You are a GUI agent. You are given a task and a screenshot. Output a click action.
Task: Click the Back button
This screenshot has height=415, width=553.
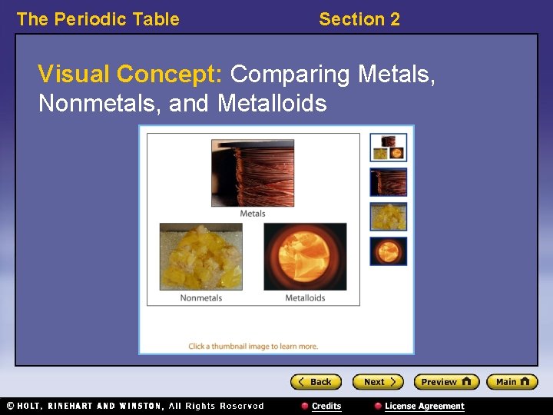[x=316, y=382]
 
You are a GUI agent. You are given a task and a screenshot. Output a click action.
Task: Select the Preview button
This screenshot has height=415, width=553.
[x=446, y=382]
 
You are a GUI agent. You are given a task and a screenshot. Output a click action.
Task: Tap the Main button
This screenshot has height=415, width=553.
[x=512, y=382]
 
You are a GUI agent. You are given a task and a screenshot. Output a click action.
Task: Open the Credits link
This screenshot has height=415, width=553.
[x=322, y=406]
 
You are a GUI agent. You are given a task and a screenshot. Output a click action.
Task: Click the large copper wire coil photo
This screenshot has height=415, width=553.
[x=253, y=173]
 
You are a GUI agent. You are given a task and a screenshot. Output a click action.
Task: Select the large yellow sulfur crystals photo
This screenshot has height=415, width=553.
[x=200, y=257]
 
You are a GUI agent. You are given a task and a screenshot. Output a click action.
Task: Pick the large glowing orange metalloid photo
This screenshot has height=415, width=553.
[x=305, y=257]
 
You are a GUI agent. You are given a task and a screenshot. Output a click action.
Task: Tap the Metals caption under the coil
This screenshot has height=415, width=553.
[x=253, y=214]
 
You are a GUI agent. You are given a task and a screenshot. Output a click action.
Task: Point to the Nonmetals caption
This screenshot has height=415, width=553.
[x=201, y=298]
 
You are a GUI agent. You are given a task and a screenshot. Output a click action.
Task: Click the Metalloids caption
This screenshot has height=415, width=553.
[x=305, y=298]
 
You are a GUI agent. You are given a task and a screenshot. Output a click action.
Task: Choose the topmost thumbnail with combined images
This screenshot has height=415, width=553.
[x=389, y=148]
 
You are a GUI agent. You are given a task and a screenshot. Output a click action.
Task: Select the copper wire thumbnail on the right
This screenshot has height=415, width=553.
[x=389, y=182]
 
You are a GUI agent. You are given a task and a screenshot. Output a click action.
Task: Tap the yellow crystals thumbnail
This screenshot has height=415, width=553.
[x=389, y=217]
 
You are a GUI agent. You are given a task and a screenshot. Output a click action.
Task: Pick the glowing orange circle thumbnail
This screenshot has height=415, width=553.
[x=389, y=251]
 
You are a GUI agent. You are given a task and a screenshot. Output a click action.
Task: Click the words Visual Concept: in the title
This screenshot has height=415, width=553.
[x=131, y=75]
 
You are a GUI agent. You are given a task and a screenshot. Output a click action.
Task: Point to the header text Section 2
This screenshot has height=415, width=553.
[x=359, y=19]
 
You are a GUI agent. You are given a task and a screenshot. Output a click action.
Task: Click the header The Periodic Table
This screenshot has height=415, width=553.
[x=98, y=19]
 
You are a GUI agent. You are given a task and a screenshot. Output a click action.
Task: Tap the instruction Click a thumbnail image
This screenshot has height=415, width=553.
[x=253, y=347]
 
